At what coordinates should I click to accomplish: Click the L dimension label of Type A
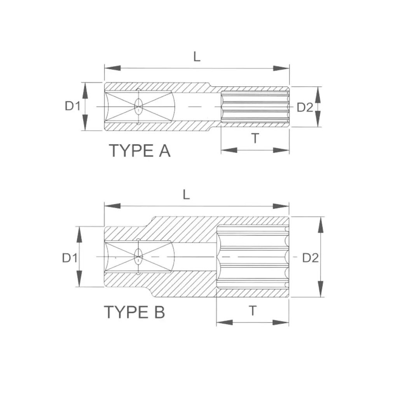pyautogui.click(x=197, y=56)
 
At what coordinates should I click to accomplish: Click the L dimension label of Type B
pyautogui.click(x=186, y=195)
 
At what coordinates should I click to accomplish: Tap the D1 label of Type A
pyautogui.click(x=73, y=106)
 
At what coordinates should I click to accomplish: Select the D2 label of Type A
pyautogui.click(x=305, y=107)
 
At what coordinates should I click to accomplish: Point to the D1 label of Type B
pyautogui.click(x=70, y=258)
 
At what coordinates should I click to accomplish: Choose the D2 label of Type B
pyautogui.click(x=311, y=258)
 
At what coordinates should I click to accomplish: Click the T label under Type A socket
pyautogui.click(x=255, y=138)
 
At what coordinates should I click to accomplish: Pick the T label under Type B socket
pyautogui.click(x=253, y=311)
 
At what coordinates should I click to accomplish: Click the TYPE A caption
pyautogui.click(x=140, y=150)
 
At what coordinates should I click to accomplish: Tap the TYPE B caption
pyautogui.click(x=134, y=312)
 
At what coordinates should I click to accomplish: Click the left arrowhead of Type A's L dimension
pyautogui.click(x=112, y=68)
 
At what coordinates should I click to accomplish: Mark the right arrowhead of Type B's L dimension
pyautogui.click(x=281, y=206)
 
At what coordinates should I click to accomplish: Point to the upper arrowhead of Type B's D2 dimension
pyautogui.click(x=321, y=225)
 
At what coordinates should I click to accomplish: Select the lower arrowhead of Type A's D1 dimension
pyautogui.click(x=85, y=122)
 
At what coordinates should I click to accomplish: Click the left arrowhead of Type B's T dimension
pyautogui.click(x=224, y=322)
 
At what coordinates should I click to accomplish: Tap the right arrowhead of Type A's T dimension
pyautogui.click(x=281, y=150)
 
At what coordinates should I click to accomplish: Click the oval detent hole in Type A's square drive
pyautogui.click(x=139, y=106)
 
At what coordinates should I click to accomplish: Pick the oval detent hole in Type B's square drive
pyautogui.click(x=138, y=257)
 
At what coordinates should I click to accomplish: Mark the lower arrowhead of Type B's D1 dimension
pyautogui.click(x=79, y=279)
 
